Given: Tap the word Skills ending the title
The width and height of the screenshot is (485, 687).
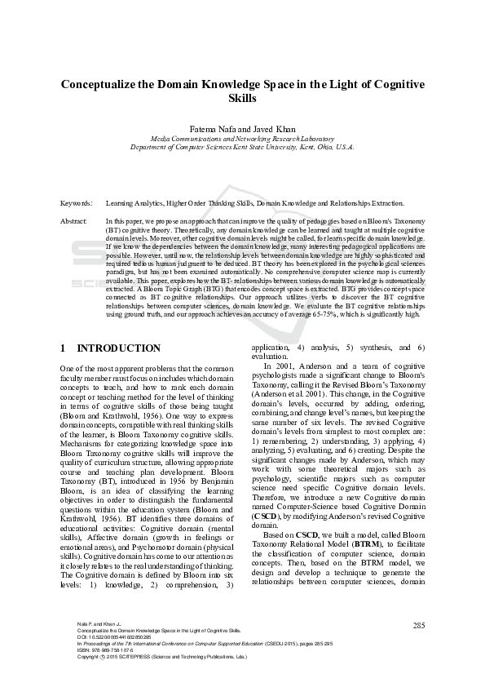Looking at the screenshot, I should pyautogui.click(x=242, y=99).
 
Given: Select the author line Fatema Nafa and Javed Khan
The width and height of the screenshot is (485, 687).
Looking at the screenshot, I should pyautogui.click(x=241, y=129).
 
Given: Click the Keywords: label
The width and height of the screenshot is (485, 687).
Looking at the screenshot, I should pyautogui.click(x=76, y=202).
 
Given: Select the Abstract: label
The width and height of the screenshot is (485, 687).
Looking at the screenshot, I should pyautogui.click(x=74, y=221).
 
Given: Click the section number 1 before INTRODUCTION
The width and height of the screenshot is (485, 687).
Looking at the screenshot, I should pyautogui.click(x=64, y=348).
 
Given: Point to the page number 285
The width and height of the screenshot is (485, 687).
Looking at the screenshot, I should pyautogui.click(x=419, y=626).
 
